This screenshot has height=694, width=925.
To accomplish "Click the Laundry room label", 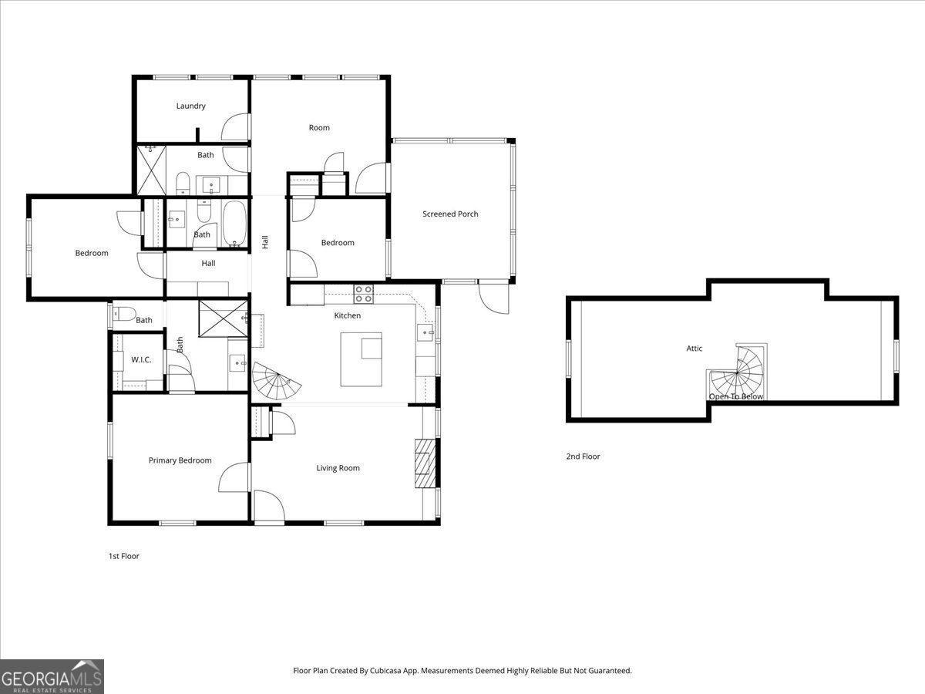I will click(x=190, y=106).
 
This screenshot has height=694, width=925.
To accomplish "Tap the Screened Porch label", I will click(x=450, y=214).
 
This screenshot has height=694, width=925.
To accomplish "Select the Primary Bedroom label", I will click(x=180, y=460).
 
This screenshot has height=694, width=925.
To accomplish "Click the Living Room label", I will click(x=338, y=468).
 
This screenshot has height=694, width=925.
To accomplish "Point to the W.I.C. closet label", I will click(x=140, y=359).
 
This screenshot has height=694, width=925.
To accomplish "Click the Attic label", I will click(x=695, y=349).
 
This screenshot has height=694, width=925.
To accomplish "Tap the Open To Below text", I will click(x=735, y=396).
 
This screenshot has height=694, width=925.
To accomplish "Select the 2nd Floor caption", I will click(x=583, y=456).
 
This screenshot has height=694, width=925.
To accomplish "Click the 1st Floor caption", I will click(x=123, y=556).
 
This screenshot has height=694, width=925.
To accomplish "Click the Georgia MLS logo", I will click(x=52, y=677).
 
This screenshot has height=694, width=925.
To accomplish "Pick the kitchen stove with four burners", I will click(x=363, y=294).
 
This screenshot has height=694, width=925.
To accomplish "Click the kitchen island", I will click(x=362, y=359).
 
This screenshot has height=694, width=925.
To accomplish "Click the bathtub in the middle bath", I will click(x=234, y=223).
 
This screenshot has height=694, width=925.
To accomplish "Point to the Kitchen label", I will click(x=347, y=315).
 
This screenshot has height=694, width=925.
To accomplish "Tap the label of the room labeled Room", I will click(x=319, y=128).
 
